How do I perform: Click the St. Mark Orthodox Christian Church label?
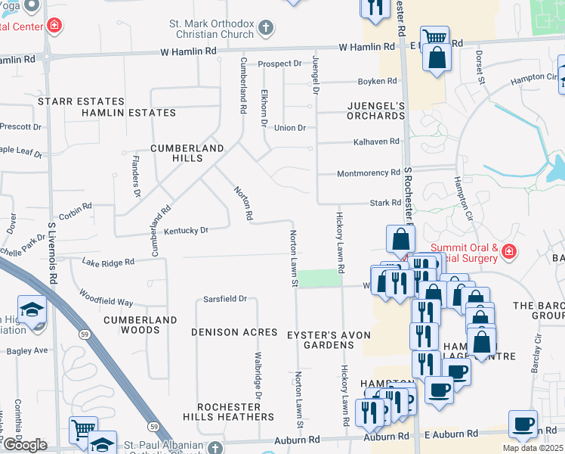(x=211, y=27)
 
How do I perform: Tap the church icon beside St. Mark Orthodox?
(x=264, y=28)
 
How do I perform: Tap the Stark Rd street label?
(x=385, y=203)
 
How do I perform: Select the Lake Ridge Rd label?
(x=108, y=262)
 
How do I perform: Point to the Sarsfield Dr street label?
(x=225, y=299)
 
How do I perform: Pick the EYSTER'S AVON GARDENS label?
(x=320, y=339)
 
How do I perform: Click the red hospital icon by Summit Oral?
(x=509, y=250)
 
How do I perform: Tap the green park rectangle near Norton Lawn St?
(x=316, y=278)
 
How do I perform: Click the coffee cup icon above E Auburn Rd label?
(x=523, y=423)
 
